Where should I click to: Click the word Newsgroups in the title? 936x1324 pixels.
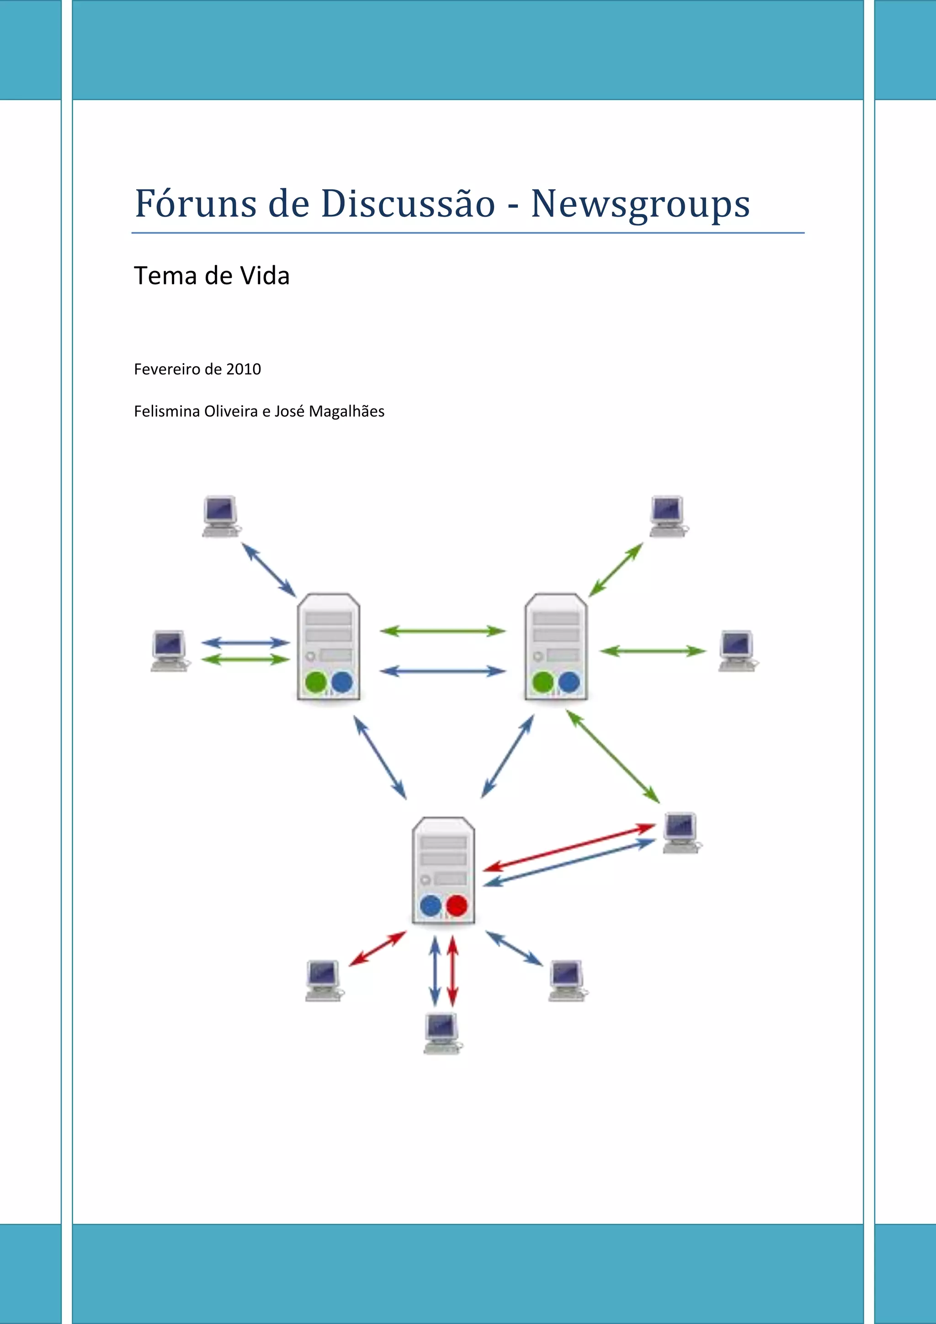(640, 205)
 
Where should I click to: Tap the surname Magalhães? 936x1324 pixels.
(346, 411)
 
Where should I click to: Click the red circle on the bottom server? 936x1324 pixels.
(457, 905)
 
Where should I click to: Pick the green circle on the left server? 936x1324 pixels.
(316, 682)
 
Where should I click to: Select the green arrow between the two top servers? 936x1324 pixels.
(443, 631)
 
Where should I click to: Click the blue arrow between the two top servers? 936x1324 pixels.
(443, 671)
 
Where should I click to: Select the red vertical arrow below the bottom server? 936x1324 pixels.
(453, 971)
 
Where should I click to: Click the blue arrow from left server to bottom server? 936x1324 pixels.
(380, 757)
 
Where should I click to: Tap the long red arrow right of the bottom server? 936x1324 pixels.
(569, 847)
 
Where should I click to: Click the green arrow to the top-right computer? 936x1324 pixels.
(616, 569)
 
